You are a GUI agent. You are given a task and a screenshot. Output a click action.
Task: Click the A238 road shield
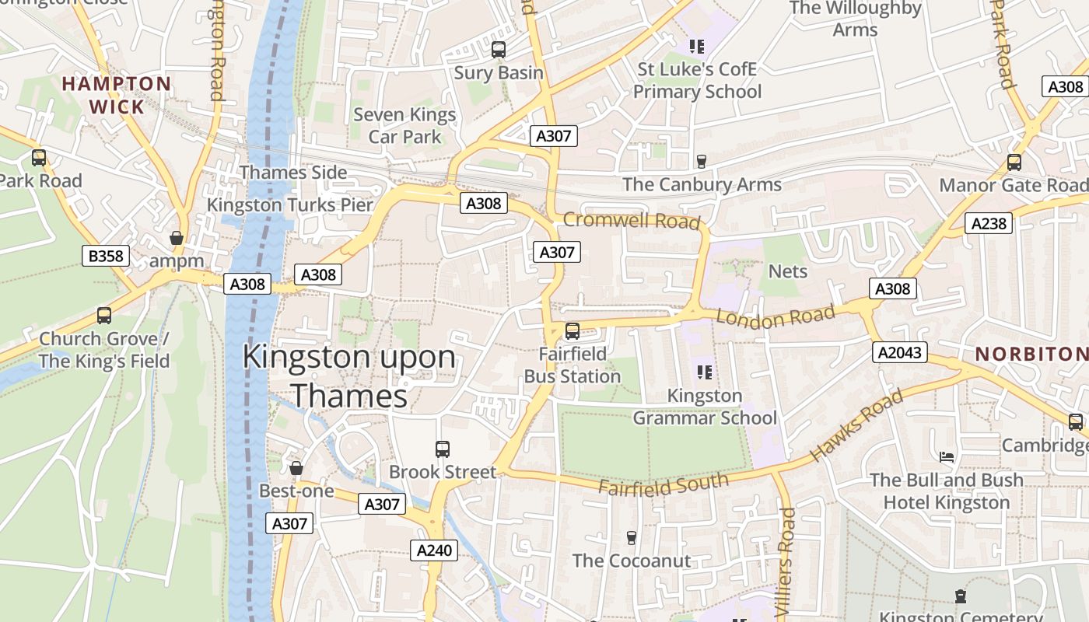tap(989, 224)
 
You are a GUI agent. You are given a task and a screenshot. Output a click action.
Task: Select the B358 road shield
tap(105, 256)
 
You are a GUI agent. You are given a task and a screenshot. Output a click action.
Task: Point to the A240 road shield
tap(434, 550)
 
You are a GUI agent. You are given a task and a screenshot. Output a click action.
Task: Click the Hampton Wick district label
tap(117, 95)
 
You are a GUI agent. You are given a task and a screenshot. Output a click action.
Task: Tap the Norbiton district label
tap(1031, 354)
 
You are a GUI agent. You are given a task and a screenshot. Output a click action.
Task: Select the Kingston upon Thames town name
tap(349, 376)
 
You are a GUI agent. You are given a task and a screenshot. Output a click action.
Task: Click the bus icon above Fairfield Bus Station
tap(573, 331)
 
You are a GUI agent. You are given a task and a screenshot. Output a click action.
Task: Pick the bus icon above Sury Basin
tap(499, 50)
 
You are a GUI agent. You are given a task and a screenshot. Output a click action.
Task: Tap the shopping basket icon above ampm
tap(177, 238)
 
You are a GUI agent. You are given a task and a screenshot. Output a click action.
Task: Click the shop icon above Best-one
tap(296, 468)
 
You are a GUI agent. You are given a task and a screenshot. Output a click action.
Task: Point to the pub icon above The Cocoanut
tap(632, 538)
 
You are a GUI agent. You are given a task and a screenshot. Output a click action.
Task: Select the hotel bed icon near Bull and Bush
tap(947, 456)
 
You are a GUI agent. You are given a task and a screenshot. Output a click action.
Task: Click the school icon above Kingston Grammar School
tap(705, 372)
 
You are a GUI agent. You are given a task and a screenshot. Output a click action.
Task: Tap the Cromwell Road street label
tap(631, 221)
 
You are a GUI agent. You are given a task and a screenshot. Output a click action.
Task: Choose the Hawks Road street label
tap(856, 425)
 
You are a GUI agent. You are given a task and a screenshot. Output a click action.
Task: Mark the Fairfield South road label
tap(664, 483)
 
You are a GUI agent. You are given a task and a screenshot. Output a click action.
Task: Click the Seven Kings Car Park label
tap(404, 126)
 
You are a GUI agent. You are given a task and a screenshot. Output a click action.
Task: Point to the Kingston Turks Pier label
tap(290, 205)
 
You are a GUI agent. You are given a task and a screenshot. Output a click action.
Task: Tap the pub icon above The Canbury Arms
tap(702, 161)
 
